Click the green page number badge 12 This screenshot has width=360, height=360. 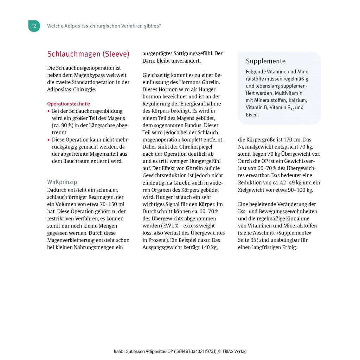pos(34,26)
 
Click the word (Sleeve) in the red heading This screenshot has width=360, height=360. pos(116,54)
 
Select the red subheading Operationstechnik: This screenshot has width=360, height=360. pos(69,104)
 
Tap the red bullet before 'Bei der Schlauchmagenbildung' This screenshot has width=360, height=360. pos(49,111)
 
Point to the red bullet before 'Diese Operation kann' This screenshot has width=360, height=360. pos(49,140)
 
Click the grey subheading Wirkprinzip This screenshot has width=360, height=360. pos(62,182)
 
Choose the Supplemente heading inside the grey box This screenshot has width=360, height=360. pos(266,61)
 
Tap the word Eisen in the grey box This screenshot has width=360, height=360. pos(252,115)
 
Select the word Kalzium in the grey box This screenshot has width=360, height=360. pos(298,100)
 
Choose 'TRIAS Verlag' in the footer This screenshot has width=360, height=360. pos(234,351)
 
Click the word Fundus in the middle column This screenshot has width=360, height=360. pos(183,126)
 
